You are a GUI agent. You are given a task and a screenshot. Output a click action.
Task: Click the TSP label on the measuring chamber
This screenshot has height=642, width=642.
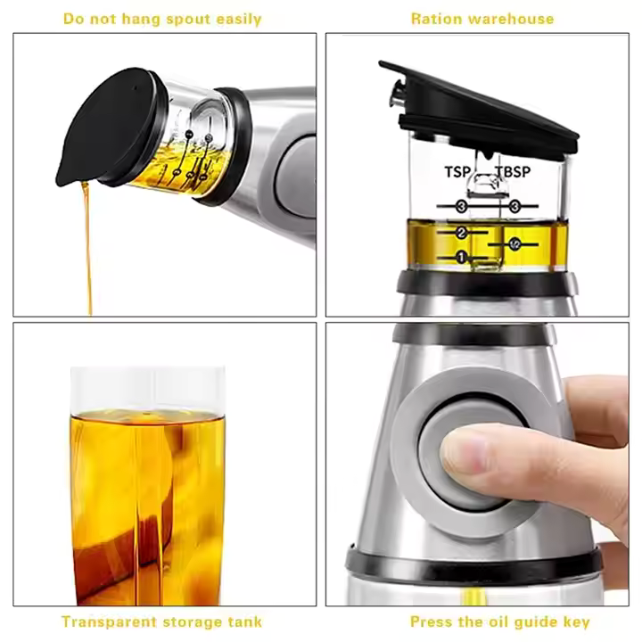pyautogui.click(x=459, y=171)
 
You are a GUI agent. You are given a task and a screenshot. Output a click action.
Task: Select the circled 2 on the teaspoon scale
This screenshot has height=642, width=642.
pyautogui.click(x=462, y=233)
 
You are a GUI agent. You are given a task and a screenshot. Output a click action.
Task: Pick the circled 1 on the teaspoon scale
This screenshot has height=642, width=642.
pyautogui.click(x=461, y=258)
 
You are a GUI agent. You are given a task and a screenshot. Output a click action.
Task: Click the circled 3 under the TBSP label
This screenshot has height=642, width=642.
pyautogui.click(x=515, y=206)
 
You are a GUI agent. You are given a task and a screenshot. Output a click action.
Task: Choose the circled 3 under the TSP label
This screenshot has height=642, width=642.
pyautogui.click(x=461, y=207)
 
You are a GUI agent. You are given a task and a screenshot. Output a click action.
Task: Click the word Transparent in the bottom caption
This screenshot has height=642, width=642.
pyautogui.click(x=105, y=621)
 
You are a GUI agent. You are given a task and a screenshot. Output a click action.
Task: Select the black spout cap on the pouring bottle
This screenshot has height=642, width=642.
pyautogui.click(x=107, y=129)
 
